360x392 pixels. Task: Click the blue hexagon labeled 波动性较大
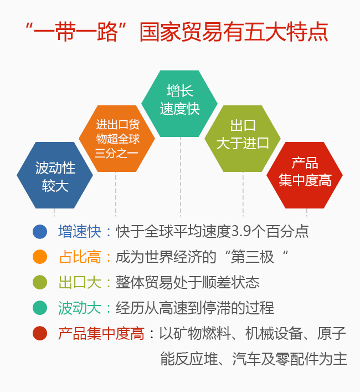55,175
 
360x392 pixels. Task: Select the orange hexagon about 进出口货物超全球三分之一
117,139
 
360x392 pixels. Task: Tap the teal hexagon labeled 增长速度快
179,104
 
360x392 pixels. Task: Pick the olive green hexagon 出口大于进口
243,139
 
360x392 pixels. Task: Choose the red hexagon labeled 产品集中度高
305,175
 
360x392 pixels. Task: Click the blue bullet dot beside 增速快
40,232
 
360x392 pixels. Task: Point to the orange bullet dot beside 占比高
40,257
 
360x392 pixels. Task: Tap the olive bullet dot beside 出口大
40,283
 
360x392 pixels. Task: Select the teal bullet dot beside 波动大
40,308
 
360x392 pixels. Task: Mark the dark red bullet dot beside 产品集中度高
40,333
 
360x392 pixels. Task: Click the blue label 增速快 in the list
80,232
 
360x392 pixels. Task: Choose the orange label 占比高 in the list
80,257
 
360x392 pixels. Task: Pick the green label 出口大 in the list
80,283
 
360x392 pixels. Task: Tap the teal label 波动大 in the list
80,308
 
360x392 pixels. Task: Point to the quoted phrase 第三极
252,257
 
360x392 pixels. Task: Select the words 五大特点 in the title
286,32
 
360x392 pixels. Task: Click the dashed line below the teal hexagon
181,177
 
